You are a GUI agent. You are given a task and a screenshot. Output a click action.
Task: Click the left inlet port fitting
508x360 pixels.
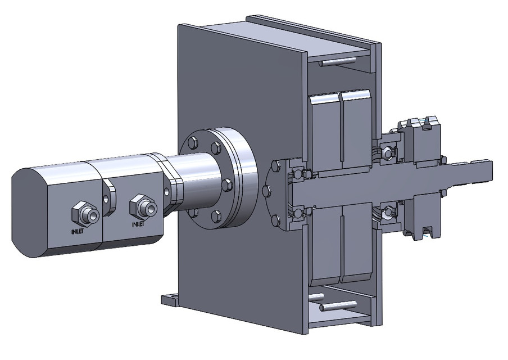pos(84,213)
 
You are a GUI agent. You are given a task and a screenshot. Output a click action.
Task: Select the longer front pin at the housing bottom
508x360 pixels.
pos(339,307)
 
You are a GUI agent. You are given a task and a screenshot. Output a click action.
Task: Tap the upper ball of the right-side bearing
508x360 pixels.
pos(387,151)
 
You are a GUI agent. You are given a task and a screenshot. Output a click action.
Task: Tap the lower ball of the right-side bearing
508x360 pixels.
pos(387,213)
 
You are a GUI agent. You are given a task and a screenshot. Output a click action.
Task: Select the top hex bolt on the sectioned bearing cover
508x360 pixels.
pos(275,166)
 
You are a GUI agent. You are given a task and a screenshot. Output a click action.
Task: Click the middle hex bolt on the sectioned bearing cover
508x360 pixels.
pos(266,191)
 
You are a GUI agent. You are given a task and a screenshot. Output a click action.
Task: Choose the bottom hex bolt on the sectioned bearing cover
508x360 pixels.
pos(275,220)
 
